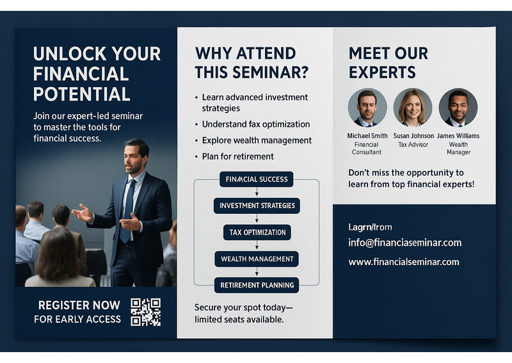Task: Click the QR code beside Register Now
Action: click(146, 312)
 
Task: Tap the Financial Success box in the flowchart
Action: click(257, 179)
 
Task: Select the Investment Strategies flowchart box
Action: click(257, 206)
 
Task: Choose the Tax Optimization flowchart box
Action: click(257, 232)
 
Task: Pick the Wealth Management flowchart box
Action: click(257, 259)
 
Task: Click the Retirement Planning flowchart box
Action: click(257, 286)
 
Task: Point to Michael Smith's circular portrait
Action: click(367, 108)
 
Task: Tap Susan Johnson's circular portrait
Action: click(413, 108)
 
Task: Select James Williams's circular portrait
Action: click(458, 108)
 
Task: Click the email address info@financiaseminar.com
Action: click(405, 243)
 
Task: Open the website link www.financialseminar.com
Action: click(404, 262)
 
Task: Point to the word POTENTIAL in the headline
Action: click(82, 94)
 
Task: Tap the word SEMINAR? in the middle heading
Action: click(270, 72)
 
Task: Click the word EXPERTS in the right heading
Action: click(382, 72)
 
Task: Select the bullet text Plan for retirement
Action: click(237, 156)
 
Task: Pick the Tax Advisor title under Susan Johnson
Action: click(413, 145)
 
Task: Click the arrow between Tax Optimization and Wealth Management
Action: click(257, 245)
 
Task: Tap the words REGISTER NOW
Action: click(79, 305)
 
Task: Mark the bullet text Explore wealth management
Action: click(257, 140)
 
